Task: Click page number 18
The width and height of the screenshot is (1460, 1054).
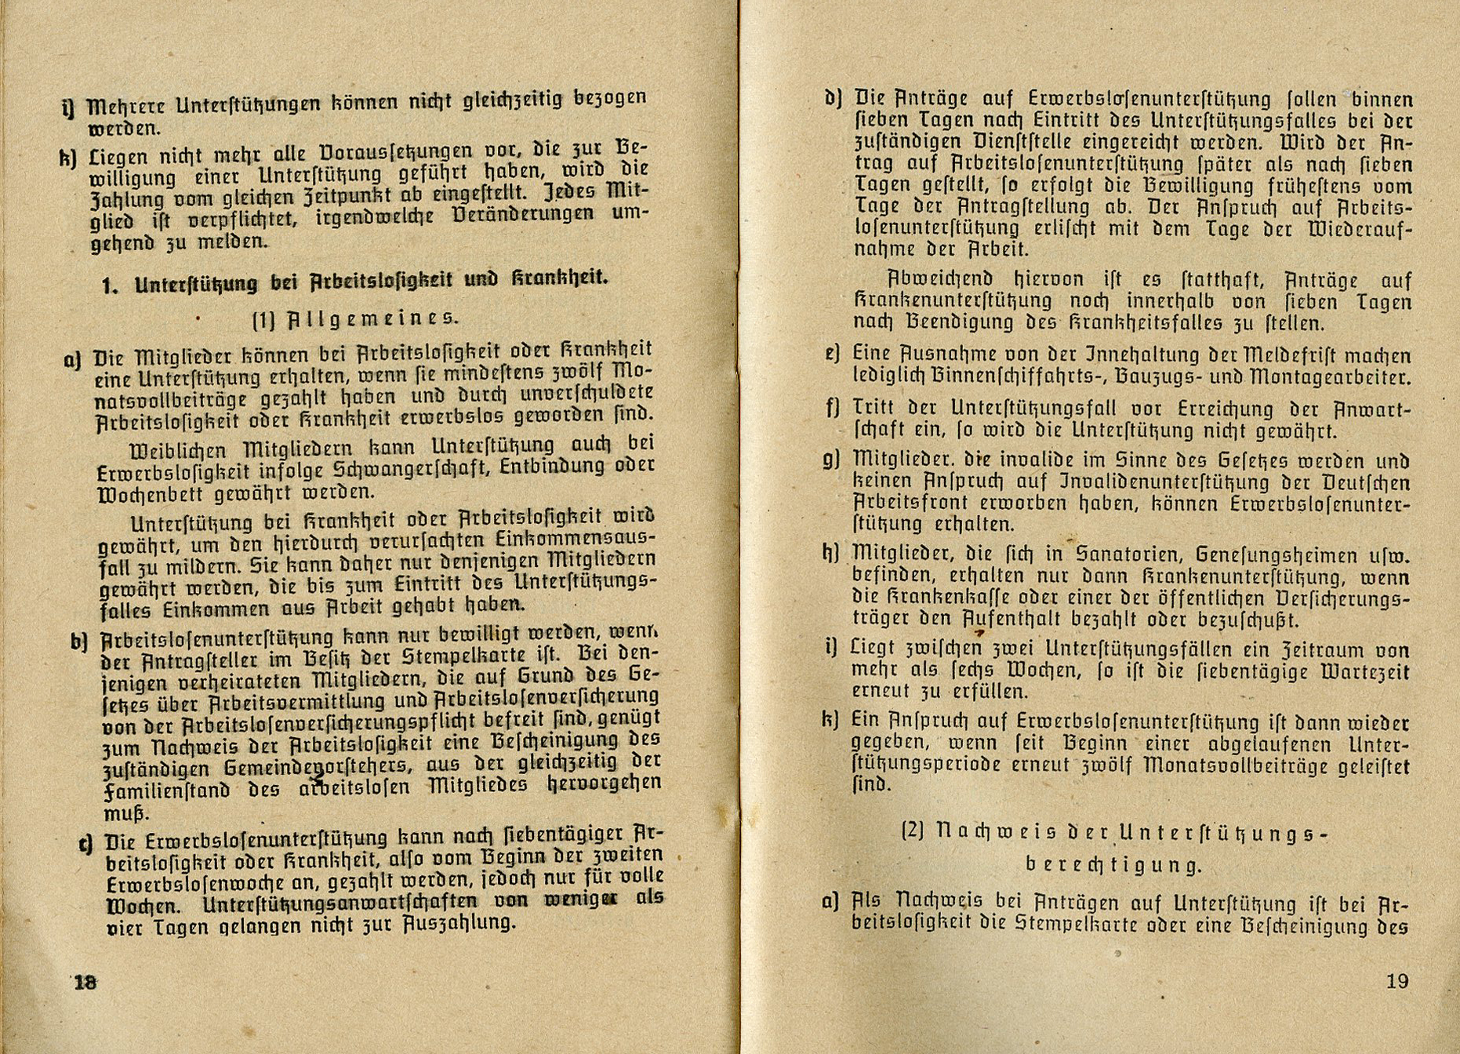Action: pyautogui.click(x=85, y=982)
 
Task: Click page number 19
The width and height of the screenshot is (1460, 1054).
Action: pyautogui.click(x=1397, y=981)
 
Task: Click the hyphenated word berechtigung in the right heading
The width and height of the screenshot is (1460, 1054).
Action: pyautogui.click(x=1113, y=865)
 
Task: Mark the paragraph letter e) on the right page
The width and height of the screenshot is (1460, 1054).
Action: pyautogui.click(x=833, y=354)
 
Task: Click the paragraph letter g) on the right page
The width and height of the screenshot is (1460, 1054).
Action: pyautogui.click(x=832, y=460)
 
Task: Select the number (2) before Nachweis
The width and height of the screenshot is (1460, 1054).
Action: pyautogui.click(x=913, y=831)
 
